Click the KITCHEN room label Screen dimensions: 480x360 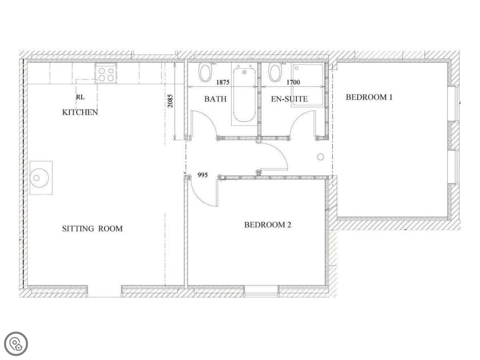(80, 112)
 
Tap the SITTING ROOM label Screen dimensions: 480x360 (92, 229)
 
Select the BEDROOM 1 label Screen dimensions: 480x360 (369, 97)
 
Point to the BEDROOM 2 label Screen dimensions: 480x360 (268, 225)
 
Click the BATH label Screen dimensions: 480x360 (215, 99)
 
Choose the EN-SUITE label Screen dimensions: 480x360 (289, 99)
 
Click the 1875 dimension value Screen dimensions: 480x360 (223, 82)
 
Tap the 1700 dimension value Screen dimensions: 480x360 (293, 82)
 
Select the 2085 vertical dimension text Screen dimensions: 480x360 (170, 101)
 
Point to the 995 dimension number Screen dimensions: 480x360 (202, 175)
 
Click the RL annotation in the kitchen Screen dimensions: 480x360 (80, 97)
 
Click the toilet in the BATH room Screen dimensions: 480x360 (205, 72)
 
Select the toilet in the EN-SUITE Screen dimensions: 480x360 (276, 72)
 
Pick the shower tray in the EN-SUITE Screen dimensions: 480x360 (307, 85)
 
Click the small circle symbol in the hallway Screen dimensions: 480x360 (320, 157)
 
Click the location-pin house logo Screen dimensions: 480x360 (16, 344)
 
